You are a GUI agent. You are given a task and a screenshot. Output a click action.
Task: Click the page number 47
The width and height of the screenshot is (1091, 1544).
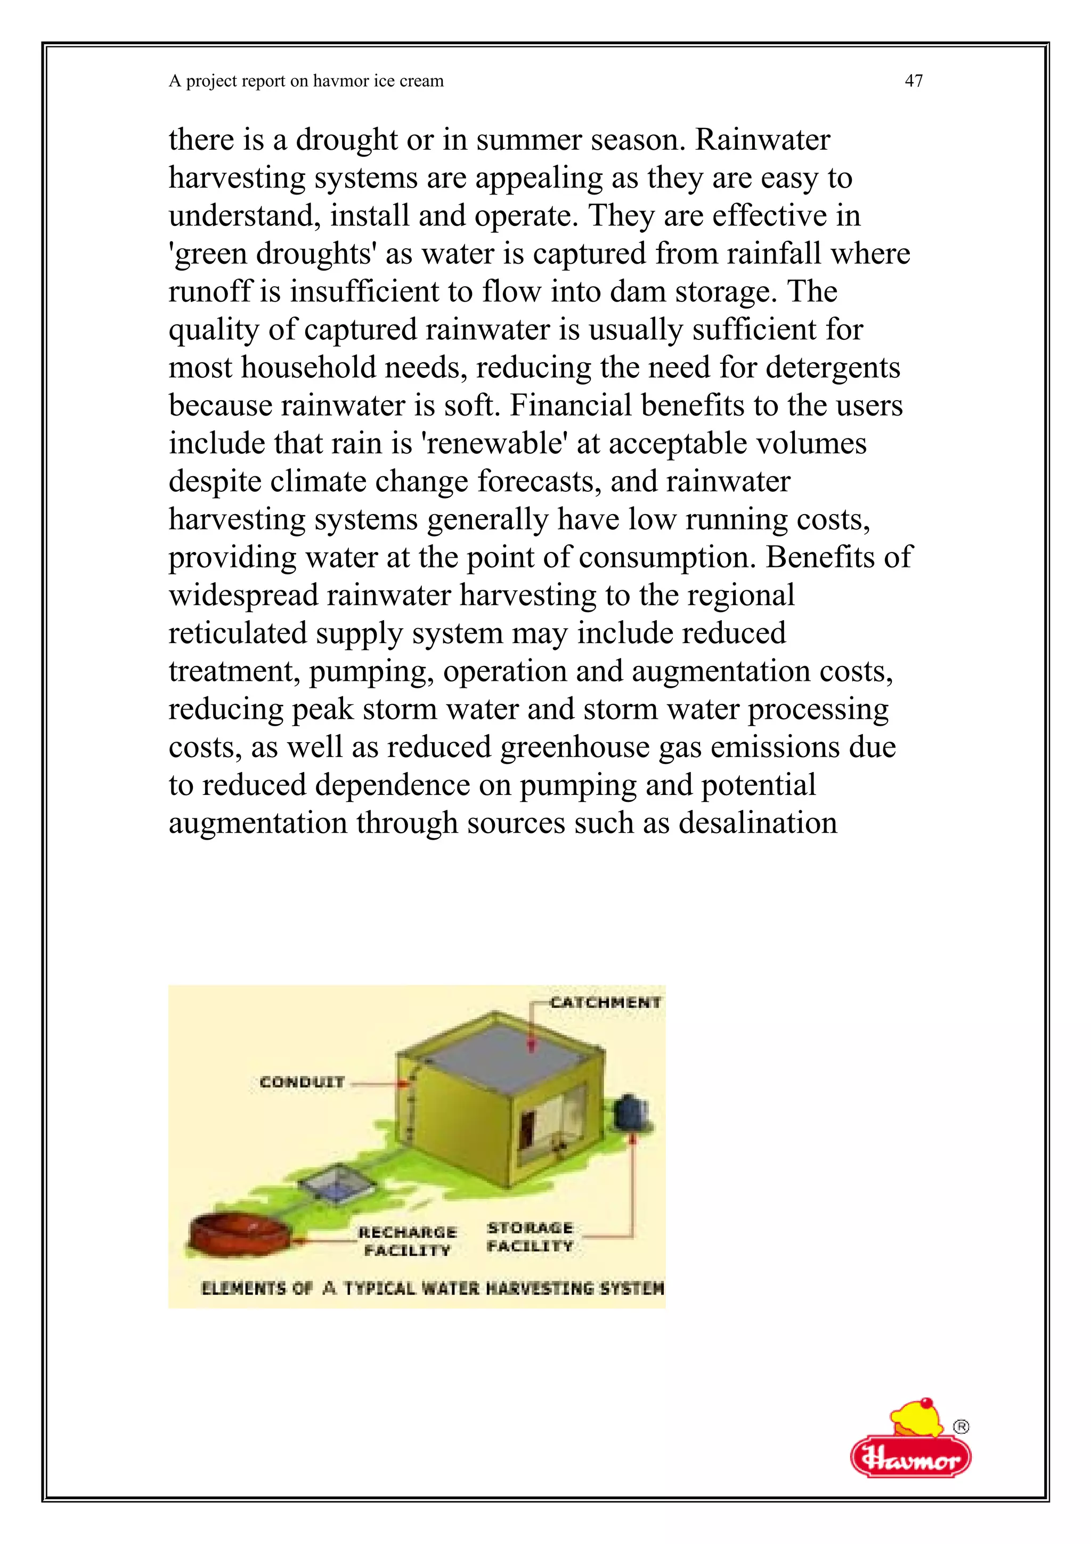tap(914, 82)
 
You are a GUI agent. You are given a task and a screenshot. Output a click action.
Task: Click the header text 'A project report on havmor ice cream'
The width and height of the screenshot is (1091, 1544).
tap(306, 82)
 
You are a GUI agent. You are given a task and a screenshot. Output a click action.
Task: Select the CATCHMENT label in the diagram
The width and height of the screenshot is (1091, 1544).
tap(605, 1003)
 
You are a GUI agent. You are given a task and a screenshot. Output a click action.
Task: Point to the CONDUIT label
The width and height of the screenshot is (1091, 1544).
tap(302, 1082)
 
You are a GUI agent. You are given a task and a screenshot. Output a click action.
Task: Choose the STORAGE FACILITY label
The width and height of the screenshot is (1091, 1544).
tap(530, 1237)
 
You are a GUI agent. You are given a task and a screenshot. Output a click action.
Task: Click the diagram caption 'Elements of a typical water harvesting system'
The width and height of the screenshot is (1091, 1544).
tap(432, 1288)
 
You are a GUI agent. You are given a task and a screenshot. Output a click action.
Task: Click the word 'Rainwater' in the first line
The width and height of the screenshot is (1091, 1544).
tap(762, 140)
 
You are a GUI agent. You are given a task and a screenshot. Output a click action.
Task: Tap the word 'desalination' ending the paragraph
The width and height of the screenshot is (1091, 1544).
tap(758, 823)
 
